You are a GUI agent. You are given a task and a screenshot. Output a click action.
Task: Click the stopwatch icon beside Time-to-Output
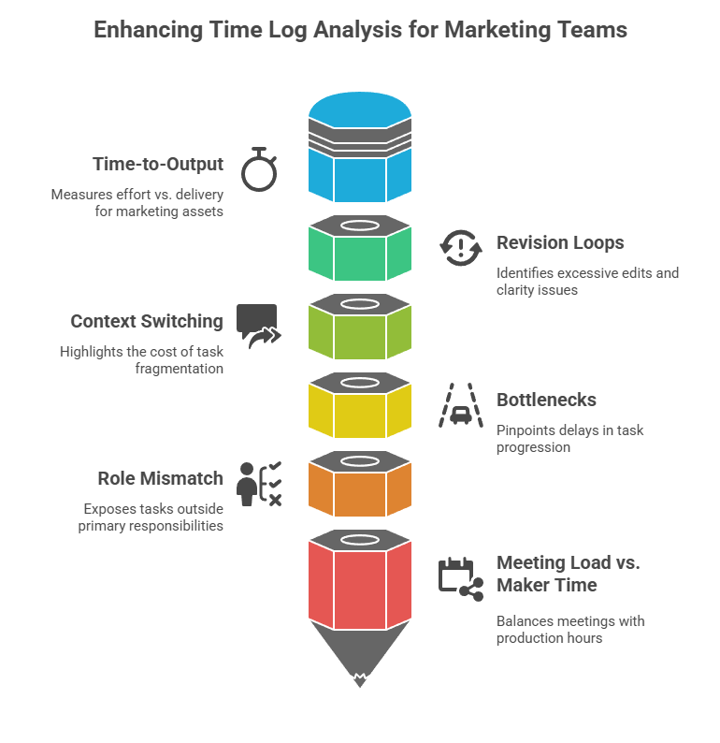pos(258,169)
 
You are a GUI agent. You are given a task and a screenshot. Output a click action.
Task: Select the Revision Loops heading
pos(559,242)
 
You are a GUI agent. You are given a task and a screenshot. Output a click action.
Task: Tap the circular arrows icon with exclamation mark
pos(460,248)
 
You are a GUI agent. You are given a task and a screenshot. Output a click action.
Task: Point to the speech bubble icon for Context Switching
pos(258,325)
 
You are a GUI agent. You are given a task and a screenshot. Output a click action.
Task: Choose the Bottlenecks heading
pos(546,400)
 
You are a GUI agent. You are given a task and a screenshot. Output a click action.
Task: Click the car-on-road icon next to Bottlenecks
pos(460,405)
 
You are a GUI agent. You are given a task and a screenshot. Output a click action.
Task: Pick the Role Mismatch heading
pos(160,478)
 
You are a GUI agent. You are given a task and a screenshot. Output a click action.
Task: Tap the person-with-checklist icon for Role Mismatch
pos(259,484)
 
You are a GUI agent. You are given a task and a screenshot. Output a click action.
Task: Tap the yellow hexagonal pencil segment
pos(360,412)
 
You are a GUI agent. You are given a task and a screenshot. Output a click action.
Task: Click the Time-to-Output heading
pos(158,164)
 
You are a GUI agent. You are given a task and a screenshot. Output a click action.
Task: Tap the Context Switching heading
pos(147,321)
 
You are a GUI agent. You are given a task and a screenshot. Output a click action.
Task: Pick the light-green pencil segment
pos(360,333)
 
